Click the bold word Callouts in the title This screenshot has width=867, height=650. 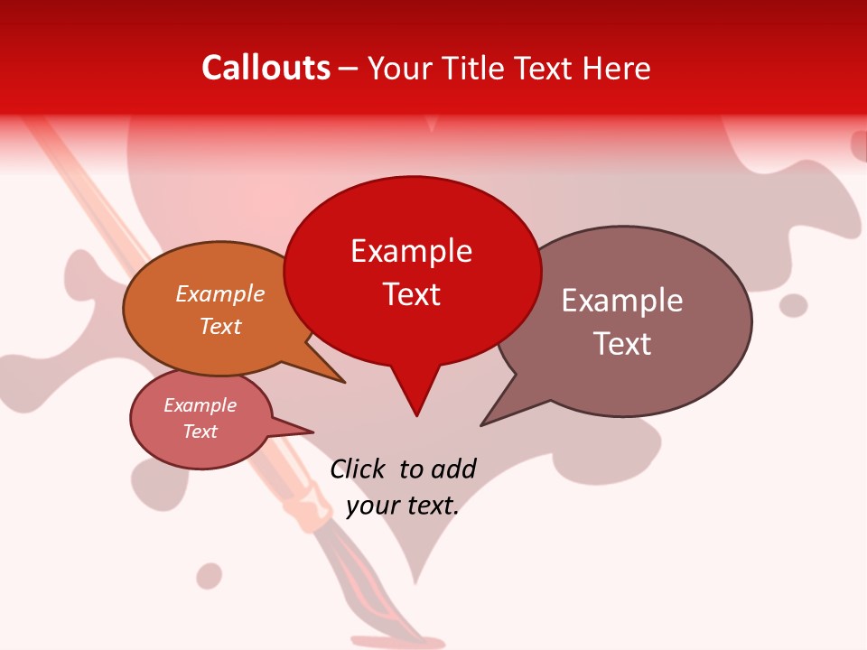tap(266, 68)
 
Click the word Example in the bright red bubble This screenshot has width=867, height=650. tap(411, 251)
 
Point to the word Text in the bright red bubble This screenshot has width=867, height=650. tap(411, 294)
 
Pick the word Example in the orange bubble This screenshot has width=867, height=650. tap(219, 293)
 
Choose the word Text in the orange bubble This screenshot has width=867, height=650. tap(220, 326)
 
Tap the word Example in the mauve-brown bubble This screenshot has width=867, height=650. tap(622, 301)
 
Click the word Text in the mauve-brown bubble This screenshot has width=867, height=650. tap(622, 344)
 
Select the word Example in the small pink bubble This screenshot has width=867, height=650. tap(200, 405)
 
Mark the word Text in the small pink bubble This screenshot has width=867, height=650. tap(200, 432)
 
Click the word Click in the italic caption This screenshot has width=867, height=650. tap(359, 469)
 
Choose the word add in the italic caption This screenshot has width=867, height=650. tap(452, 469)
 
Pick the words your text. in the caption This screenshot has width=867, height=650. tap(403, 506)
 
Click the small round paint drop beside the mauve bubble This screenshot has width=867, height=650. tap(793, 305)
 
